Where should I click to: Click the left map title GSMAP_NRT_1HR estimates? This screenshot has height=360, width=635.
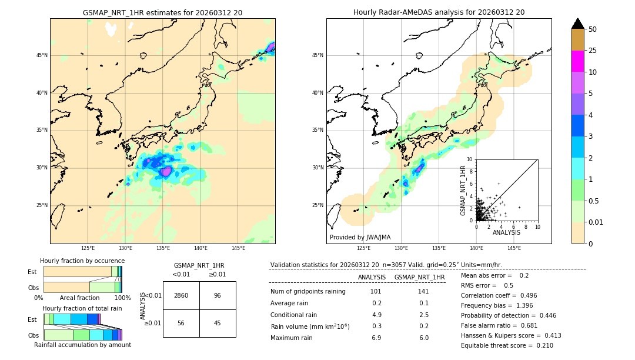click(162, 12)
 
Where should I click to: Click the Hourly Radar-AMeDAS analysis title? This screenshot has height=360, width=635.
click(439, 12)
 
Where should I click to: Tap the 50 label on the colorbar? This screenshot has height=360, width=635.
click(593, 29)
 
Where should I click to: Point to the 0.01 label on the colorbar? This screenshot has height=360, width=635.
click(596, 222)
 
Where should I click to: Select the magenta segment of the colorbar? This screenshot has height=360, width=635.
click(577, 61)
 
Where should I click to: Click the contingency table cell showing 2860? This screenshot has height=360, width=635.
click(181, 295)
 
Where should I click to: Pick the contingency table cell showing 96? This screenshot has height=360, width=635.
click(217, 295)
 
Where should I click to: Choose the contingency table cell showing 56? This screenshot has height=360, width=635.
click(181, 323)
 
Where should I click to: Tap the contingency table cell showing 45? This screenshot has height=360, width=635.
click(217, 323)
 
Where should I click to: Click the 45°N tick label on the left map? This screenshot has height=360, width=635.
click(42, 55)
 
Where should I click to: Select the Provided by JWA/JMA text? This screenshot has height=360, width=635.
click(360, 237)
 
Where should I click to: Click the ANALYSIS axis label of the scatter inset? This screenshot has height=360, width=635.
click(506, 232)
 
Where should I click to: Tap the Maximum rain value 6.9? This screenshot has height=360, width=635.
click(376, 338)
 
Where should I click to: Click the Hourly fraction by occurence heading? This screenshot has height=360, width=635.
click(82, 261)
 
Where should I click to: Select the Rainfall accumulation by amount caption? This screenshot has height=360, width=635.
click(83, 345)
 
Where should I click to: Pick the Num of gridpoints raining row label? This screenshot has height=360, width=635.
click(308, 292)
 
